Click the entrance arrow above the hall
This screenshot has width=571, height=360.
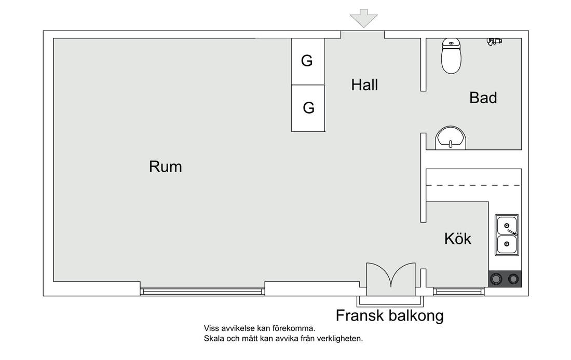click(x=363, y=19)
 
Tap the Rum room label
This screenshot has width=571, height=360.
click(x=165, y=167)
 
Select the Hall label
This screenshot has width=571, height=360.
click(x=364, y=85)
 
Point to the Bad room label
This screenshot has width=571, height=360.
click(x=483, y=98)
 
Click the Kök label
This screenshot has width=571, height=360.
click(x=458, y=239)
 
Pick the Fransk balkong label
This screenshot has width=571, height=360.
click(x=390, y=315)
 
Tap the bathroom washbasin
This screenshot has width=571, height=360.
click(x=451, y=138)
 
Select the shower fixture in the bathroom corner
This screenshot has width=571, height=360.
click(x=494, y=41)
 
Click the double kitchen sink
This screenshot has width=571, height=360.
click(x=507, y=235)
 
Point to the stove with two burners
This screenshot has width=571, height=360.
click(x=505, y=279)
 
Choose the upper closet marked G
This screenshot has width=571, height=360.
click(x=308, y=62)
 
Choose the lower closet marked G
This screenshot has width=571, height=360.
click(x=308, y=108)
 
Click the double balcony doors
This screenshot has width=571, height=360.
click(x=391, y=279)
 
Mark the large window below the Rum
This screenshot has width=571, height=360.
click(x=202, y=291)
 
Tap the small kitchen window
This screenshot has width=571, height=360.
click(x=458, y=291)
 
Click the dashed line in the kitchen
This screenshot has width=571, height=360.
click(x=474, y=186)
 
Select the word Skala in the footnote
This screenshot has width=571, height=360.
click(x=214, y=339)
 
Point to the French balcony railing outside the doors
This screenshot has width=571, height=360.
click(x=390, y=301)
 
